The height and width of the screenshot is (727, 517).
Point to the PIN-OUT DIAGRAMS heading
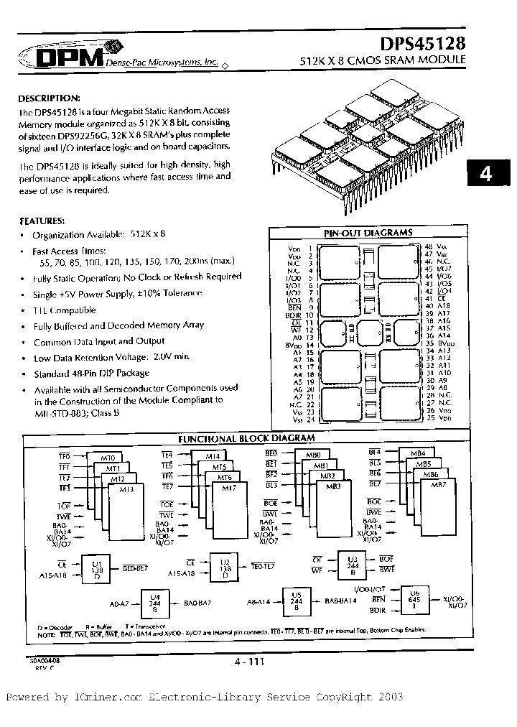tap(368, 233)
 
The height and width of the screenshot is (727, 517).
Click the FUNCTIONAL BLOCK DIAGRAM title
tap(246, 437)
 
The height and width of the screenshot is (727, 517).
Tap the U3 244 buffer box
tap(352, 565)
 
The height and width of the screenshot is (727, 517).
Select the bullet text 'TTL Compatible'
tap(64, 310)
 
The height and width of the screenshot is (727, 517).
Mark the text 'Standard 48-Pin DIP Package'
tap(91, 374)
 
